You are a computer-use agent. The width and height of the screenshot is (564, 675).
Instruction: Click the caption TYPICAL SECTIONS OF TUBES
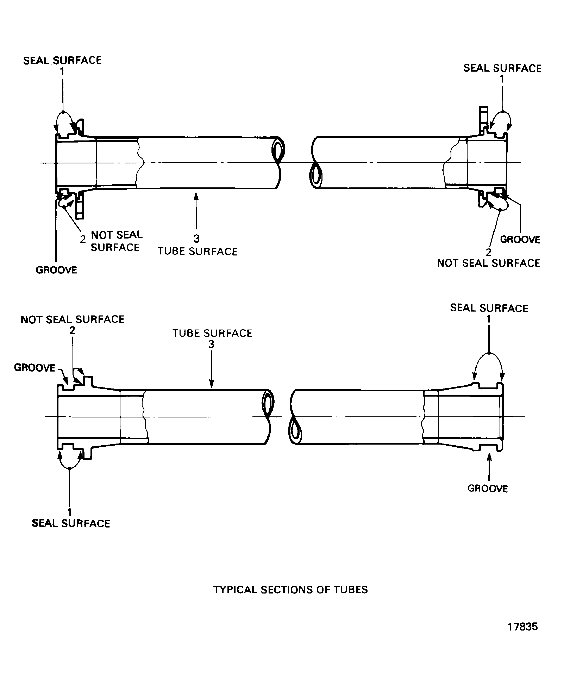290,590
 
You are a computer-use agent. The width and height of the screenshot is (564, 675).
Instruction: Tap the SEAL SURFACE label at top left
62,60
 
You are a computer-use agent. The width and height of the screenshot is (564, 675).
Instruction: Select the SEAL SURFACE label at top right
502,68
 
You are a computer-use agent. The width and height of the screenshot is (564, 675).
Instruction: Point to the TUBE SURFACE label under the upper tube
198,251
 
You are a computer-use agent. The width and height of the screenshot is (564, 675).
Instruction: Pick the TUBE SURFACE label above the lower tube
212,333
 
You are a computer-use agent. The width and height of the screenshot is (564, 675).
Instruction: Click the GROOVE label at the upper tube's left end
56,270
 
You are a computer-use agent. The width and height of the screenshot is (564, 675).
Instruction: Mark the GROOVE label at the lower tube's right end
488,489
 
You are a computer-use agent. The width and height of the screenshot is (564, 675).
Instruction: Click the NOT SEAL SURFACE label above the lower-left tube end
73,319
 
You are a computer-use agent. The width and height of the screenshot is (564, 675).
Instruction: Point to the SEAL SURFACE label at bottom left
71,524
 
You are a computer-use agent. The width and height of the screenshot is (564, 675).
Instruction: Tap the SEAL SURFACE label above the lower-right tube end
489,308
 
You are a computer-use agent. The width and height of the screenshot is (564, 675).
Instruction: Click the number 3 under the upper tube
196,239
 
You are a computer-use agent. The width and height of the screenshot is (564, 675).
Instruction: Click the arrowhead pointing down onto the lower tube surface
211,384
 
